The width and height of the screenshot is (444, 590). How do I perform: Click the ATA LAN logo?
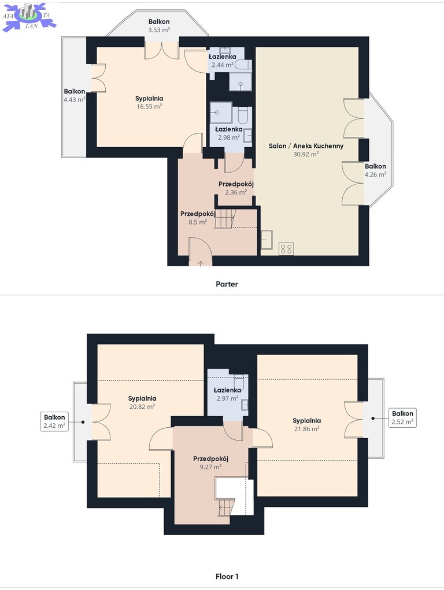(29, 16)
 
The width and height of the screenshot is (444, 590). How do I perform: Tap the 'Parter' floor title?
(227, 284)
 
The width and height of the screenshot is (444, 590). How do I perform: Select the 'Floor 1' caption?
(227, 576)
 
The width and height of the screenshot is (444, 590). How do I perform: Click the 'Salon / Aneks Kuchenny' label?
(306, 146)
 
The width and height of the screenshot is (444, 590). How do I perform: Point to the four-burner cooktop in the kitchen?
(286, 249)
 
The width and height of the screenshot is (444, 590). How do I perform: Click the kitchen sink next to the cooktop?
(267, 240)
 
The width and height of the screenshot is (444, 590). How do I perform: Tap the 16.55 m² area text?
(149, 106)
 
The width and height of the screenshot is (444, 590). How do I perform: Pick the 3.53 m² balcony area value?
(158, 29)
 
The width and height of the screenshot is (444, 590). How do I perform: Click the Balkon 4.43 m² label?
(74, 95)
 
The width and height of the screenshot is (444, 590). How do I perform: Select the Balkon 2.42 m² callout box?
(54, 421)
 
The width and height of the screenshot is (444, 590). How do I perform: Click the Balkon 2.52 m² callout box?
(402, 417)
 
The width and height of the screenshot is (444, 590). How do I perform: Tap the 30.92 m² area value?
(306, 154)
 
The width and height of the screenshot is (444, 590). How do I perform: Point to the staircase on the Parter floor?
(225, 219)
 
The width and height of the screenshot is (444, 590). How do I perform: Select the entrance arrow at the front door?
(201, 263)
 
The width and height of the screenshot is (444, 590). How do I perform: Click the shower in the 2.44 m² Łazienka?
(240, 81)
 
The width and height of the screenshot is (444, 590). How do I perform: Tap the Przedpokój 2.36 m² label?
(236, 188)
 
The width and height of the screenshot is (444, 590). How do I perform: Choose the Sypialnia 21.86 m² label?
(307, 425)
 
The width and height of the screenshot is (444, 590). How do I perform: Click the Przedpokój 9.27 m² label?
(210, 463)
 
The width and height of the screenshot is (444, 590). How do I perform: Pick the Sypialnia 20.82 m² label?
(142, 402)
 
